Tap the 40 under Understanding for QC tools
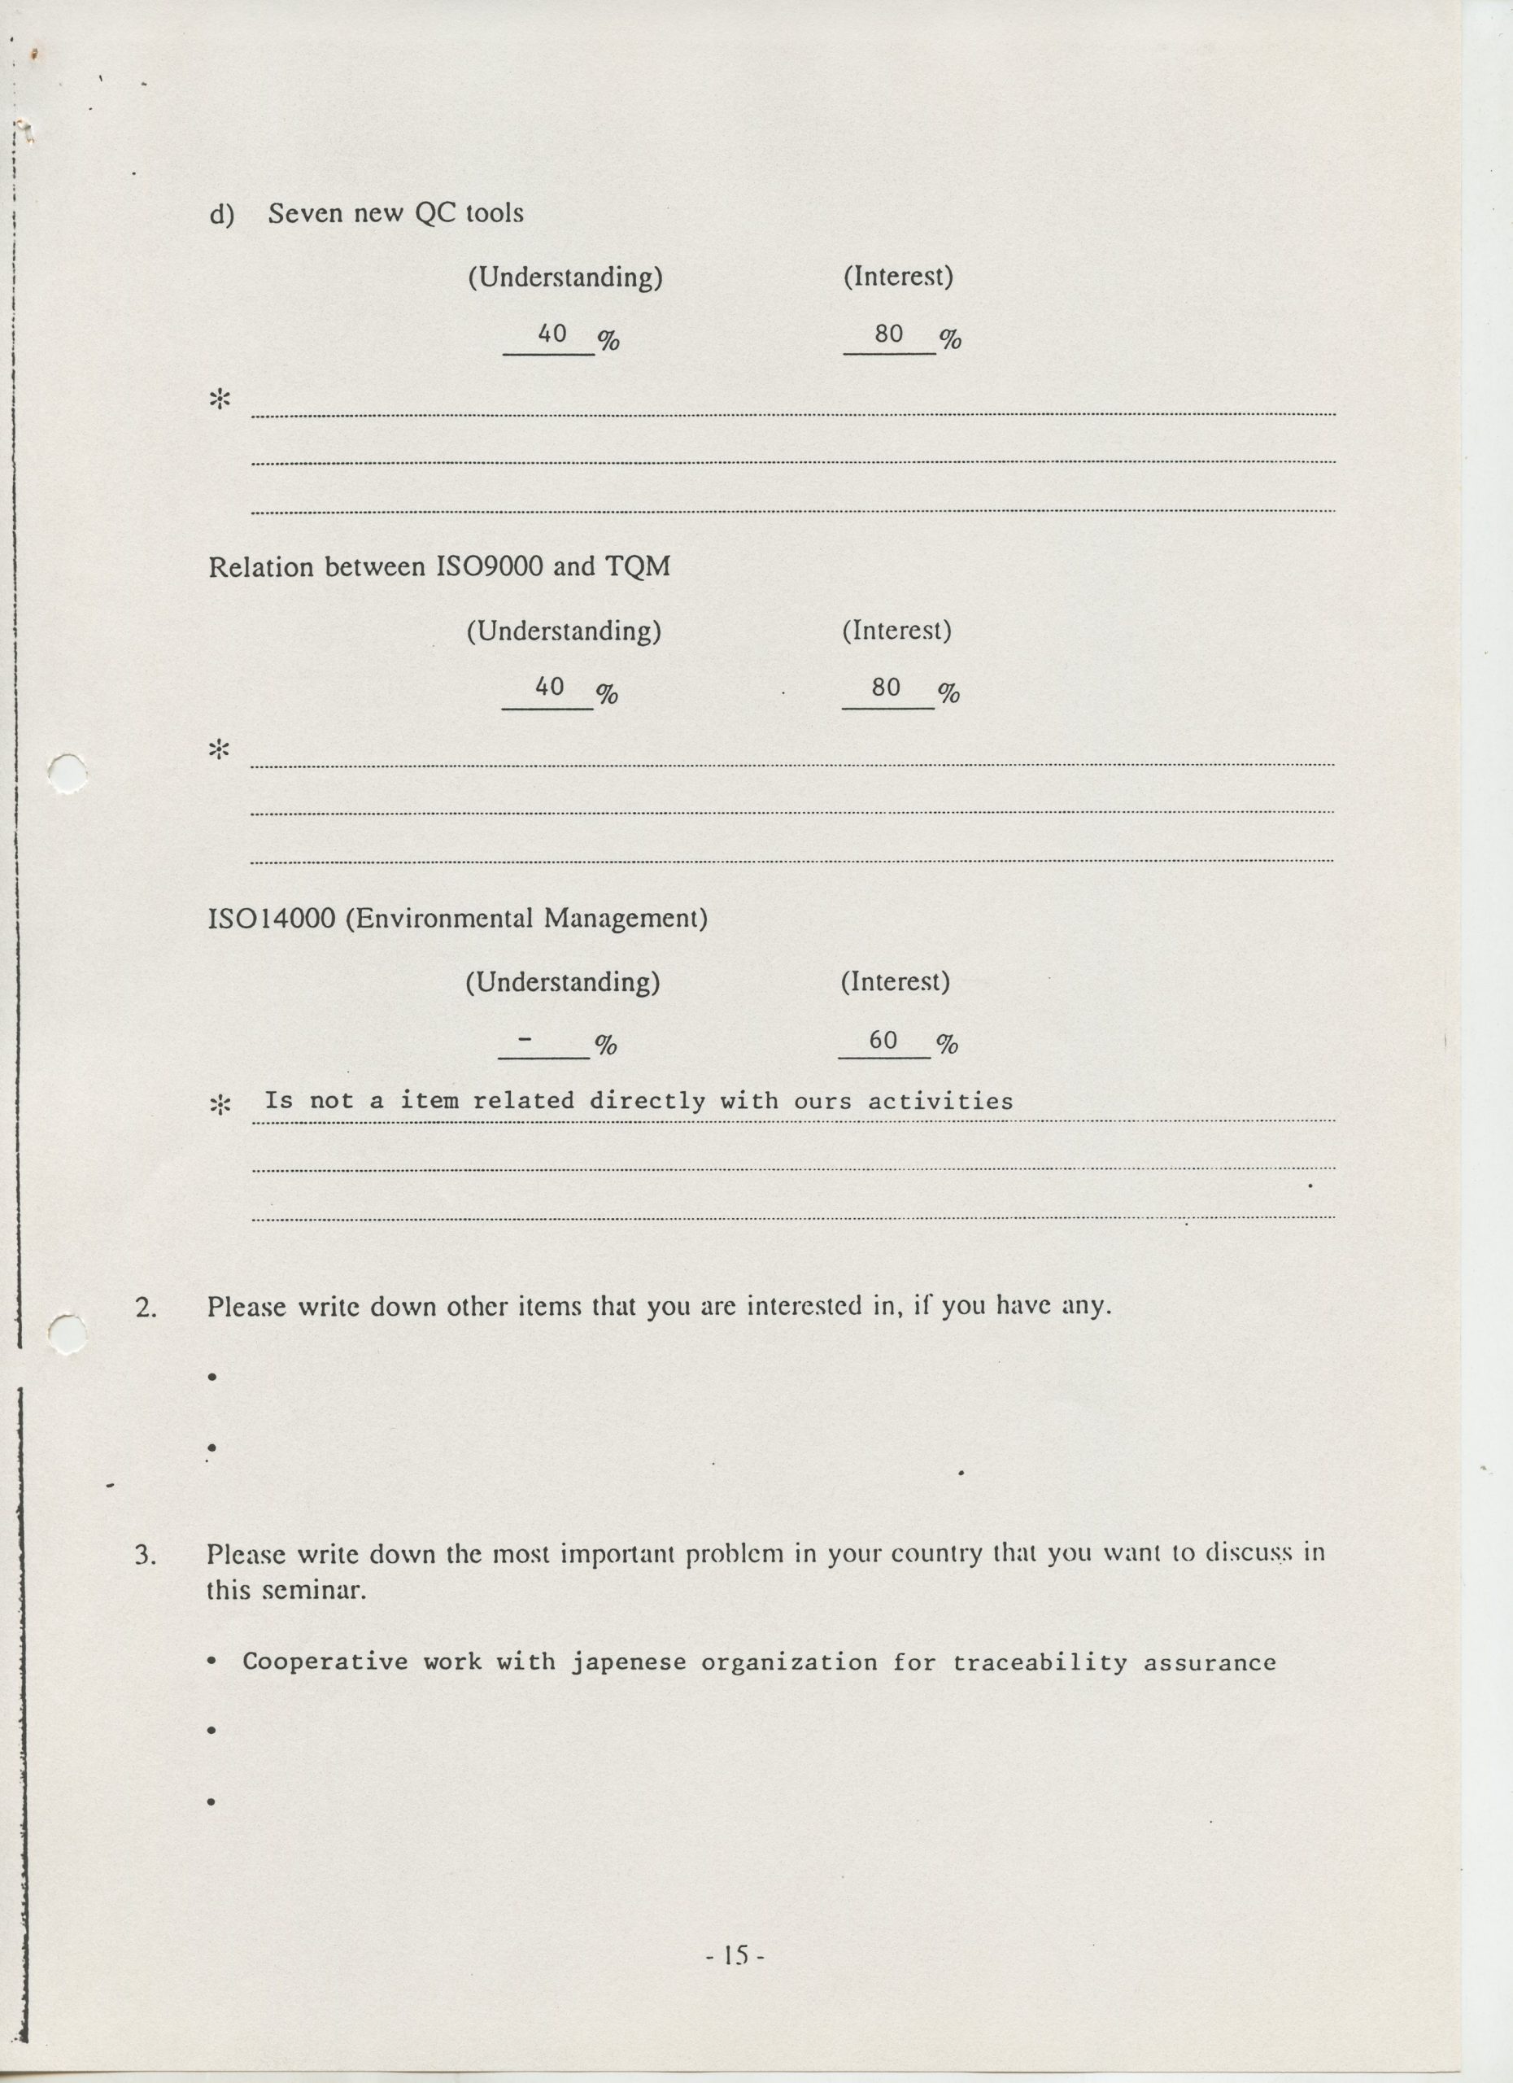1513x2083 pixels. click(551, 334)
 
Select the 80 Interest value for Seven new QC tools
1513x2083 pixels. click(889, 334)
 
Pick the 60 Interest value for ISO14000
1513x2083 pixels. click(883, 1040)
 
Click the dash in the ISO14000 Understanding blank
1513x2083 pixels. click(525, 1040)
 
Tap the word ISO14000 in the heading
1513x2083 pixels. click(272, 919)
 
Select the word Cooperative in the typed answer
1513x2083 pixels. click(325, 1662)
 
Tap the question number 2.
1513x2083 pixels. click(145, 1306)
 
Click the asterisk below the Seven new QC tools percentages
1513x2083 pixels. click(220, 400)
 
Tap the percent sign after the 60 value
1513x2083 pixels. click(947, 1043)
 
